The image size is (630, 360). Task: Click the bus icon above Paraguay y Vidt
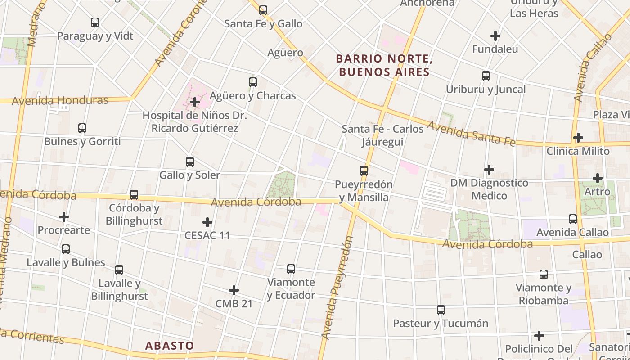coord(95,22)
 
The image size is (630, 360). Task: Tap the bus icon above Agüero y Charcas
coord(253,82)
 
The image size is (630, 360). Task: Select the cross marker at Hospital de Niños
coord(195,102)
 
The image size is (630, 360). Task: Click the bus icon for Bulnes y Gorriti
coord(82,128)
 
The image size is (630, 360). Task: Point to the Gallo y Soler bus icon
coord(190,162)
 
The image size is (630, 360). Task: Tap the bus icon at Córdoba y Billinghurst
coord(134,195)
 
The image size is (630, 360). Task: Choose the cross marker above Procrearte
coord(64,217)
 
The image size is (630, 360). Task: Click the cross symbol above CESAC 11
coord(207,222)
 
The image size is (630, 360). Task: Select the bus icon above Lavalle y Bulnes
coord(66,249)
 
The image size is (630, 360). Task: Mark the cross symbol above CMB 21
coord(234,290)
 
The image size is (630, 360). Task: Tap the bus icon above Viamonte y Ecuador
coord(291,269)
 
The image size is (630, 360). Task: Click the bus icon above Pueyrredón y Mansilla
coord(364,171)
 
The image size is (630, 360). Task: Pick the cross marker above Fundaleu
coord(495,36)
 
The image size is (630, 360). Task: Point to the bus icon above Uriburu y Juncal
coord(486,76)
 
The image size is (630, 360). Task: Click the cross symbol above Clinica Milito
coord(578,137)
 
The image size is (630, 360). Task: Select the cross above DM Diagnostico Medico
coord(489,170)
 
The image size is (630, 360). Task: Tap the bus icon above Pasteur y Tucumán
coord(441,310)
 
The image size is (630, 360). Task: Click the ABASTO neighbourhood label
coord(170,346)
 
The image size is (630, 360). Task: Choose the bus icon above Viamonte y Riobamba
coord(544,274)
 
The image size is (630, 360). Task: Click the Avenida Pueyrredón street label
coord(337,288)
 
